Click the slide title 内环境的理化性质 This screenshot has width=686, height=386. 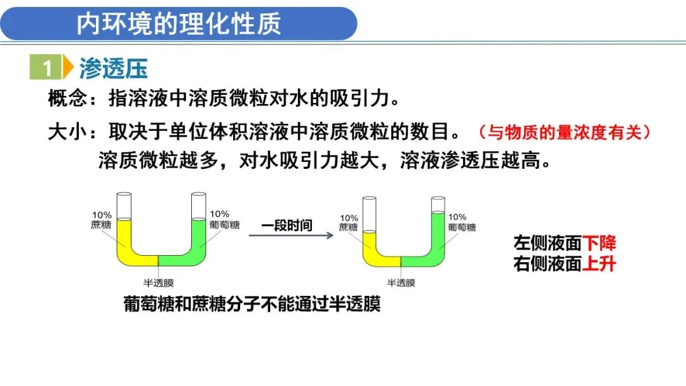pyautogui.click(x=178, y=24)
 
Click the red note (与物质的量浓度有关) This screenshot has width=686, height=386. pyautogui.click(x=565, y=132)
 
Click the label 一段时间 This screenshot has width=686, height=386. pyautogui.click(x=286, y=225)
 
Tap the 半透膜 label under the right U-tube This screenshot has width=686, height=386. pyautogui.click(x=401, y=283)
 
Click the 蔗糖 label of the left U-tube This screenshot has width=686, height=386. pyautogui.click(x=102, y=224)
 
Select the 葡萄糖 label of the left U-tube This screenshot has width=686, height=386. pyautogui.click(x=225, y=224)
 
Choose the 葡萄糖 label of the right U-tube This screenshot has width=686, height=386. pyautogui.click(x=462, y=227)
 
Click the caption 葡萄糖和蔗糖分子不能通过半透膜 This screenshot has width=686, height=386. pyautogui.click(x=252, y=305)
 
